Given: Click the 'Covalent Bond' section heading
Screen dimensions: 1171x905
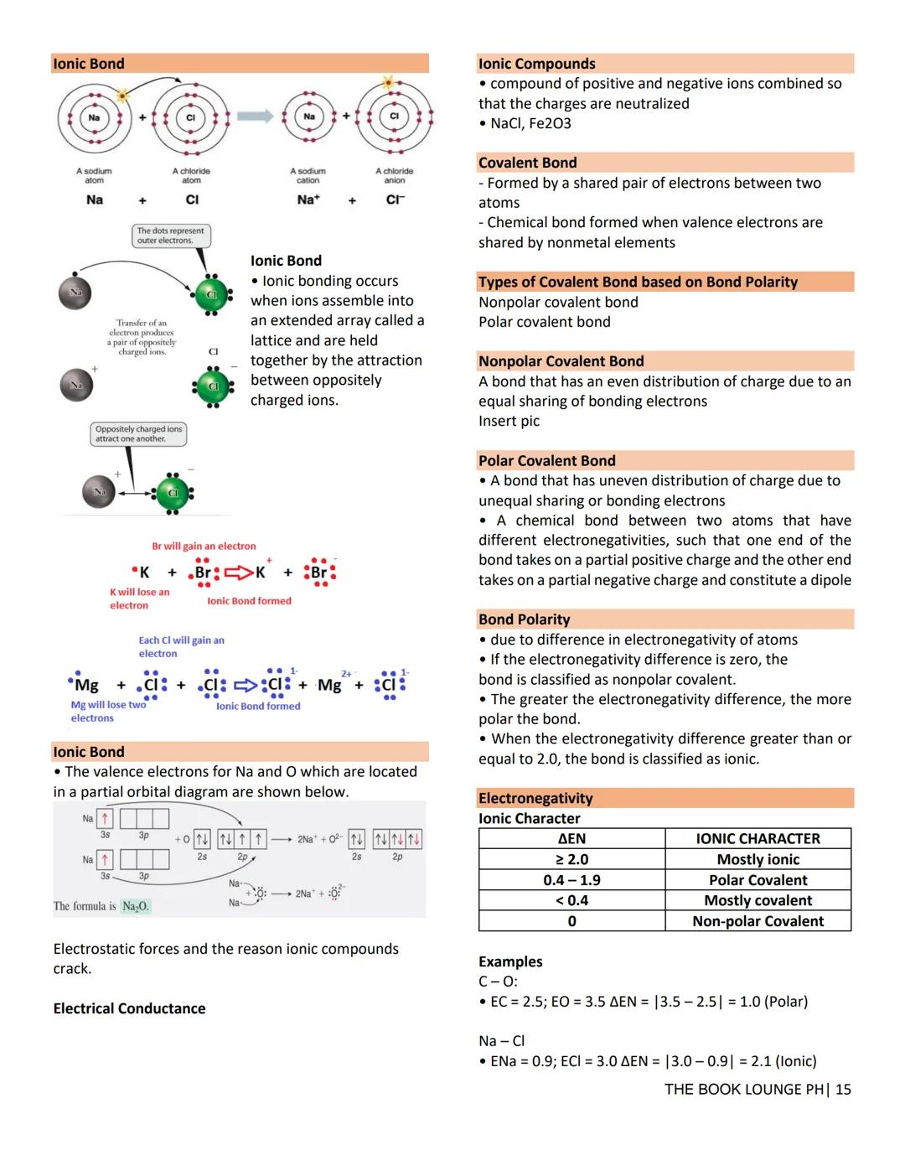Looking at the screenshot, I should coord(527,163).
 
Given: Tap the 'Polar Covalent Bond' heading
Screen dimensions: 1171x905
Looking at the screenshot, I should coord(546,460).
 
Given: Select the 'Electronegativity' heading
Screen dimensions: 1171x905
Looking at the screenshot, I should coord(535,798).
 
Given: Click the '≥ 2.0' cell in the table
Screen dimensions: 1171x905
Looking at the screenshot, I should coord(571,859).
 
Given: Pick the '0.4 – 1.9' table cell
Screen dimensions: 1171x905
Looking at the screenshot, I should coord(571,880).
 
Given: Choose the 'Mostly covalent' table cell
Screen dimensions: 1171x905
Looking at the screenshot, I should coord(758,900).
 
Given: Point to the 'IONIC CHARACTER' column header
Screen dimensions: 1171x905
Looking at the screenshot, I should coord(758,838).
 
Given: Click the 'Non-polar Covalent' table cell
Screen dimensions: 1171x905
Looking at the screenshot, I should coord(758,921).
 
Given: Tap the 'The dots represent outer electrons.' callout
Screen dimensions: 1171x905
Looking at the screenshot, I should coord(171,236).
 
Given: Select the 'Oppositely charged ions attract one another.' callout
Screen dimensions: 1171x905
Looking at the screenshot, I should coord(138,433).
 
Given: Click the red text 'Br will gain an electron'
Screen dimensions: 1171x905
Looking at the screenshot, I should coord(204,546).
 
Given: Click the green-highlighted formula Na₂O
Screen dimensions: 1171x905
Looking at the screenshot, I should coord(135,906).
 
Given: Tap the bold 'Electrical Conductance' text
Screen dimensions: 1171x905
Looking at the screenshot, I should coord(129,1008).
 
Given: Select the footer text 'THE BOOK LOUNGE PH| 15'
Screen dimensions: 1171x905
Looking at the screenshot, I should coord(757,1089).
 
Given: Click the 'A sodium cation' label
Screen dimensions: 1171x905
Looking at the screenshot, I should coord(308,175).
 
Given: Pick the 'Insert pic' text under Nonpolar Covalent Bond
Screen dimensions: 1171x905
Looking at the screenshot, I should coord(509,421).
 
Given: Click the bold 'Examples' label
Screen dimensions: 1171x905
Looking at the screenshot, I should coord(510,961).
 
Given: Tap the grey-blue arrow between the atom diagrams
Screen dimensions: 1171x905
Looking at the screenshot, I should coord(255,117).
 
